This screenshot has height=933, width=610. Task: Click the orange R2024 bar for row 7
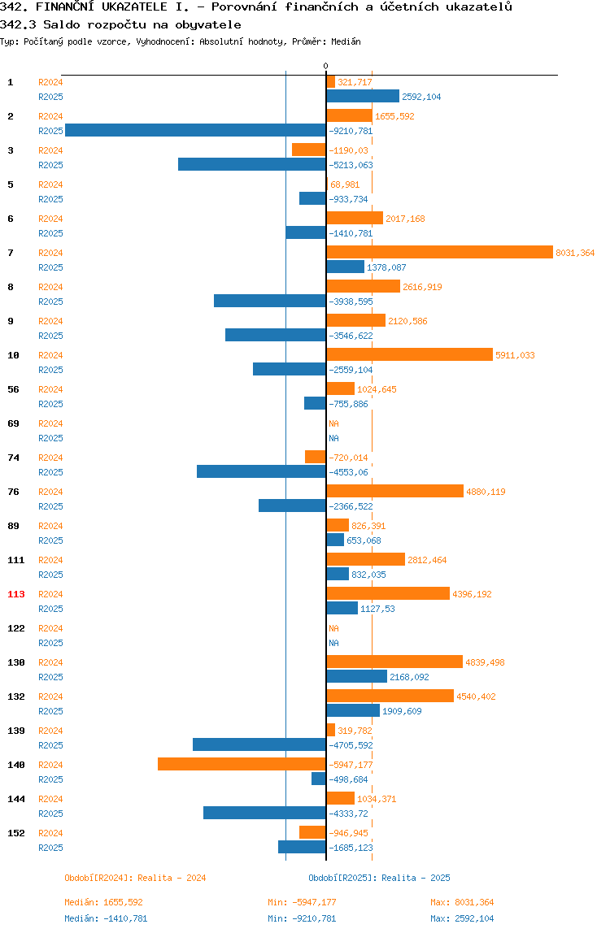pyautogui.click(x=440, y=252)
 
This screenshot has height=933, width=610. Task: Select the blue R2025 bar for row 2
pyautogui.click(x=195, y=130)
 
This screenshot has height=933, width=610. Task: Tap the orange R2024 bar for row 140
pyautogui.click(x=242, y=764)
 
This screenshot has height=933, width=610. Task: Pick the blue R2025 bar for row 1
pyautogui.click(x=363, y=97)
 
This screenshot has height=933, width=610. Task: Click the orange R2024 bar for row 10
pyautogui.click(x=410, y=354)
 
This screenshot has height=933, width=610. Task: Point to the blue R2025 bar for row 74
pyautogui.click(x=262, y=472)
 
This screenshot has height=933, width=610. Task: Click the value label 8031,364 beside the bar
pyautogui.click(x=575, y=253)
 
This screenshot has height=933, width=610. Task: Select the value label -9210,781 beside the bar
pyautogui.click(x=351, y=131)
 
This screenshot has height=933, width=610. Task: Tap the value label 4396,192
pyautogui.click(x=472, y=594)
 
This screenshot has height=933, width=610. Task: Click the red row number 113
pyautogui.click(x=16, y=594)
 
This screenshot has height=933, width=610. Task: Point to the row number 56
pyautogui.click(x=13, y=390)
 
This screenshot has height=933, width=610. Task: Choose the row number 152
pyautogui.click(x=16, y=834)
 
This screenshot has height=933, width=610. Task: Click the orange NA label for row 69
pyautogui.click(x=333, y=423)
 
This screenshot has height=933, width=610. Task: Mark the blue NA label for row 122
pyautogui.click(x=333, y=643)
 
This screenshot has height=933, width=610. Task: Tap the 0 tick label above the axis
pyautogui.click(x=326, y=66)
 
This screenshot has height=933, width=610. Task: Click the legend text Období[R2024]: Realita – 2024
pyautogui.click(x=135, y=879)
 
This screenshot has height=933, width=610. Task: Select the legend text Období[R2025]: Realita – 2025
pyautogui.click(x=380, y=879)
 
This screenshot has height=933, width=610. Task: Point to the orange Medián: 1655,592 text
pyautogui.click(x=103, y=903)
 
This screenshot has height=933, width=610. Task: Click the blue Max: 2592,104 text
pyautogui.click(x=462, y=918)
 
